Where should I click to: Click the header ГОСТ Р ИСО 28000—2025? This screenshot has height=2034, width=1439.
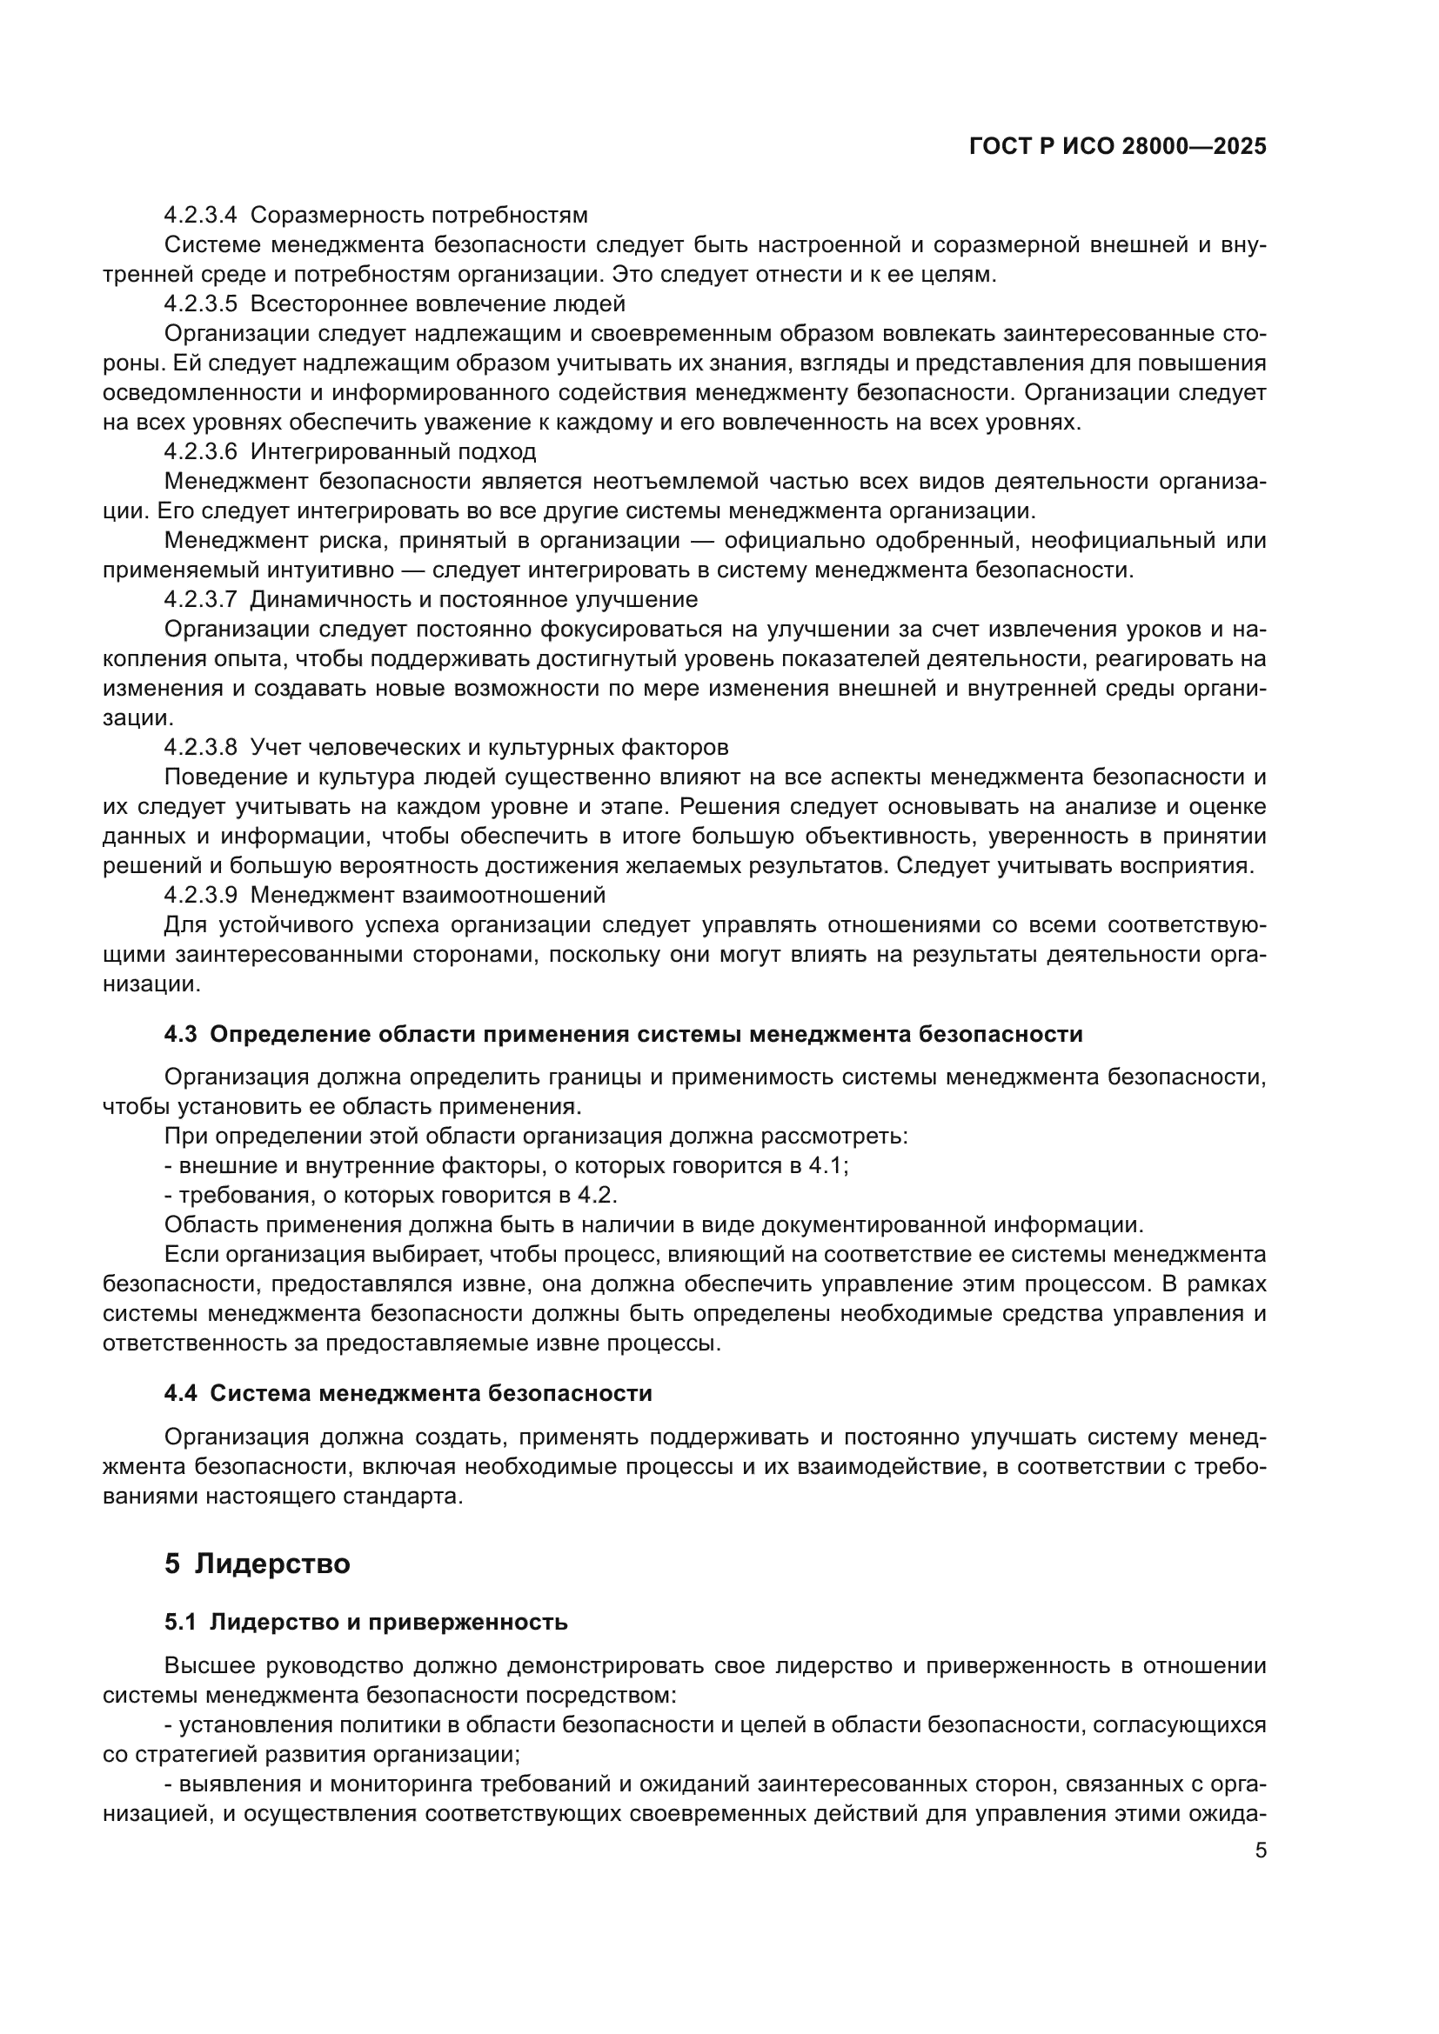point(1117,147)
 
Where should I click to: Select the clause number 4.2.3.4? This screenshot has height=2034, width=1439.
point(200,216)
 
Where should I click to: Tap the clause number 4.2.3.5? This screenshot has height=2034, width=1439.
point(200,303)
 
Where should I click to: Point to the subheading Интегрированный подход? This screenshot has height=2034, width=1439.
point(393,452)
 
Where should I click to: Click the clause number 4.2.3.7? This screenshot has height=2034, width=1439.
point(200,600)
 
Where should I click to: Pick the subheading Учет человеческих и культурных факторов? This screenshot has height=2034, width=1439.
point(489,748)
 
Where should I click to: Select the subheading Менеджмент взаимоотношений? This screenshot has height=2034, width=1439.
point(428,895)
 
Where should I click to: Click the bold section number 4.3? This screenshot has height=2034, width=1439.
point(181,1035)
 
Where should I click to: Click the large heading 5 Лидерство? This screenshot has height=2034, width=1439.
point(257,1564)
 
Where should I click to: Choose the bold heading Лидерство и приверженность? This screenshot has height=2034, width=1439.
point(388,1622)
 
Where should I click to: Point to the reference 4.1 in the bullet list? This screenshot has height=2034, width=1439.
point(827,1166)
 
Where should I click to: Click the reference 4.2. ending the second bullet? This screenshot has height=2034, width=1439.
point(597,1196)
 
